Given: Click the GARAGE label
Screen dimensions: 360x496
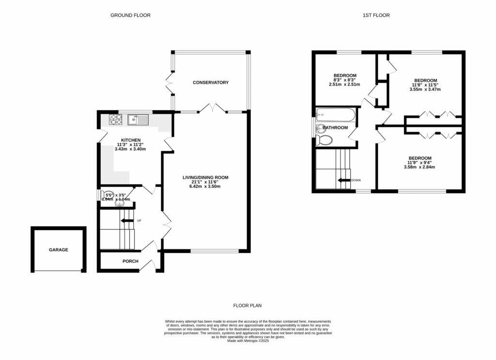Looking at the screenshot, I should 58,250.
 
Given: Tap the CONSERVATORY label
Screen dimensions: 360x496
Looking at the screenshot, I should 210,83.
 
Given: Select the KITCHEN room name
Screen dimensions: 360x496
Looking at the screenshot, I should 130,140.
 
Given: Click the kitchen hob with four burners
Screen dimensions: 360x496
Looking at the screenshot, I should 116,119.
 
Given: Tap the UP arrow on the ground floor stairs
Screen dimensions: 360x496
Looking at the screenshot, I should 127,221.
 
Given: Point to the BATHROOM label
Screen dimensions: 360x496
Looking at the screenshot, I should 336,128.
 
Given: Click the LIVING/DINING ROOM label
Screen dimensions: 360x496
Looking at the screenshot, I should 205,178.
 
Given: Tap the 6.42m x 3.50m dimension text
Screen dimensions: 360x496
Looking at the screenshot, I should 205,187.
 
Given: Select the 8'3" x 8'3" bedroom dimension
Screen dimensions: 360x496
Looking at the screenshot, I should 345,80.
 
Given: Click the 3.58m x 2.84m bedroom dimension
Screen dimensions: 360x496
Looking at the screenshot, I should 419,168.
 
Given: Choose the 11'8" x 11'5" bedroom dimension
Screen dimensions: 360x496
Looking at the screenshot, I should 425,85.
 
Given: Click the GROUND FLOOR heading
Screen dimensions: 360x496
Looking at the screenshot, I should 130,16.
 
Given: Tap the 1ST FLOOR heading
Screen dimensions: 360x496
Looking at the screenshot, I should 376,16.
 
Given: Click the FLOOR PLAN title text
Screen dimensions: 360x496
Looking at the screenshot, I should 248,306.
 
